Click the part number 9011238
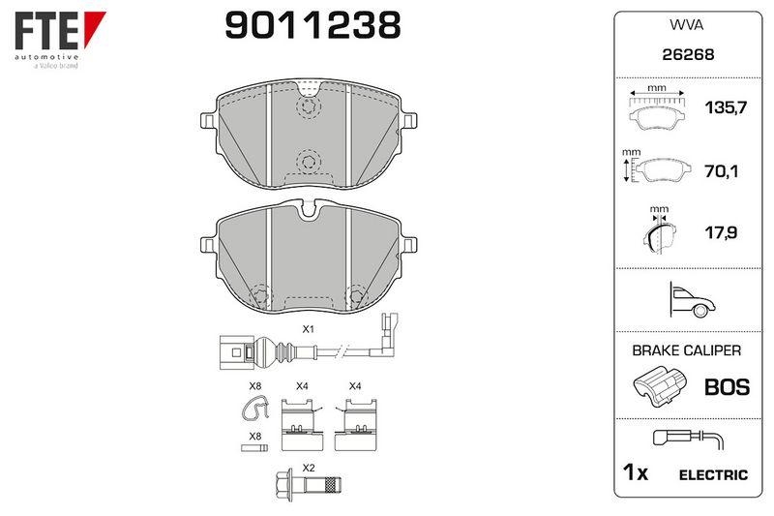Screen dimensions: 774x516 [313, 25]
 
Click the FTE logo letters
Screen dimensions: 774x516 [46, 31]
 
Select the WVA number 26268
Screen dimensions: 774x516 [688, 54]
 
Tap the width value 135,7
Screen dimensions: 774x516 [726, 107]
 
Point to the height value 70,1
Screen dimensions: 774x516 [721, 171]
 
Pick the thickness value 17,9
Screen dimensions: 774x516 [721, 232]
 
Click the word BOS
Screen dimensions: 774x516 [728, 387]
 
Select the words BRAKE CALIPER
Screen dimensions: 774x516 [687, 350]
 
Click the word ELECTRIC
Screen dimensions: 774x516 [713, 475]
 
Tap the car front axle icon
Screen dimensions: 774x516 [691, 299]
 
